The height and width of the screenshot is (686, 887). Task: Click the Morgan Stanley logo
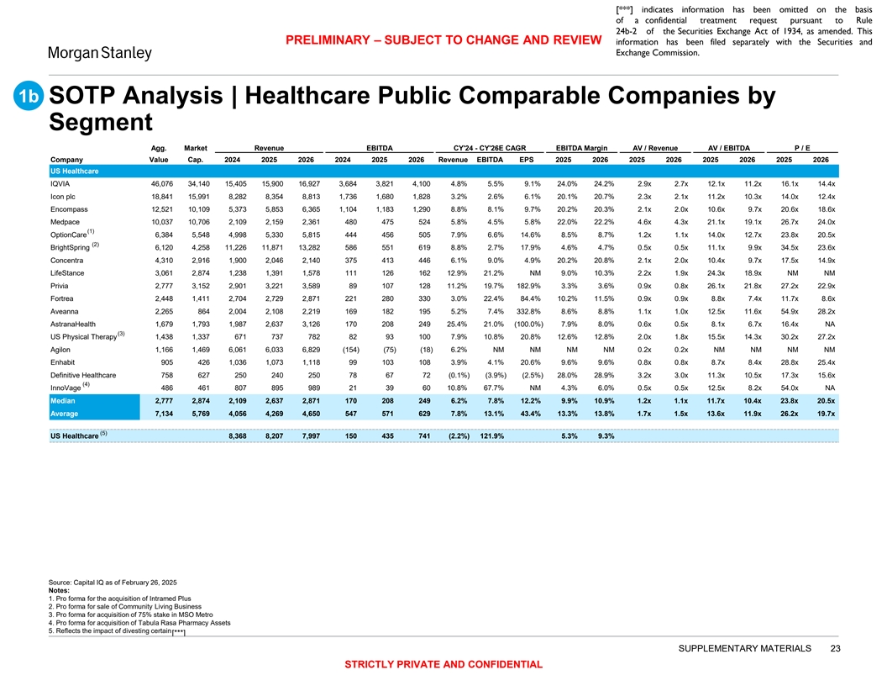coord(98,54)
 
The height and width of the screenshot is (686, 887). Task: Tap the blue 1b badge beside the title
coord(25,98)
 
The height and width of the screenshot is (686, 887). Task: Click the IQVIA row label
coord(60,183)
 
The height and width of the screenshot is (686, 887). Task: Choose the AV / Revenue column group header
coord(656,147)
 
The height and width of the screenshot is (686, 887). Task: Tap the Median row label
coord(64,401)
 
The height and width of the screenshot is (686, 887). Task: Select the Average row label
coord(66,414)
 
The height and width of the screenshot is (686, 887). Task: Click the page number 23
coord(834,647)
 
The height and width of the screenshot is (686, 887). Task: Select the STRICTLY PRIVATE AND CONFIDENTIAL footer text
coord(443,664)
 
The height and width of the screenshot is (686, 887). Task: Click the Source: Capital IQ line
coord(108,583)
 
